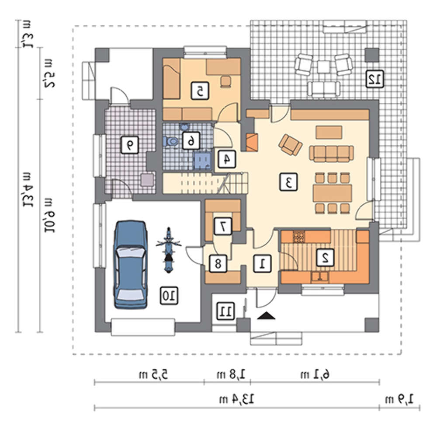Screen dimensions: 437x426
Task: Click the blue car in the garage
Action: [130, 265]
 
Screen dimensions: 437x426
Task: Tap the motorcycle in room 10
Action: [168, 250]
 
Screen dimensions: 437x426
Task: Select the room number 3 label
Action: [289, 182]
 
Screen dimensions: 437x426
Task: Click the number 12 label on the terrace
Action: [375, 79]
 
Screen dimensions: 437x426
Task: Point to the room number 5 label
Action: [200, 91]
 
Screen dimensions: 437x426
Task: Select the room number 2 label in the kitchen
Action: [325, 257]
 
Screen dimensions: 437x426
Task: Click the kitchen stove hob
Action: [298, 237]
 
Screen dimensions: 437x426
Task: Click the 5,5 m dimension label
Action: [153, 374]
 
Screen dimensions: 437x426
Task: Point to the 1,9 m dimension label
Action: [399, 399]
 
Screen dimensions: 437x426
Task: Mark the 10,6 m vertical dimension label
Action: [49, 215]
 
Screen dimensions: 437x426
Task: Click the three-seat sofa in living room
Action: [331, 154]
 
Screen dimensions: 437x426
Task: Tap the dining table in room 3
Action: [332, 193]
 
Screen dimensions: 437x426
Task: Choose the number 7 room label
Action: [223, 226]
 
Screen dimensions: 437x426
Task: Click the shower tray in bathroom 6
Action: [203, 161]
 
